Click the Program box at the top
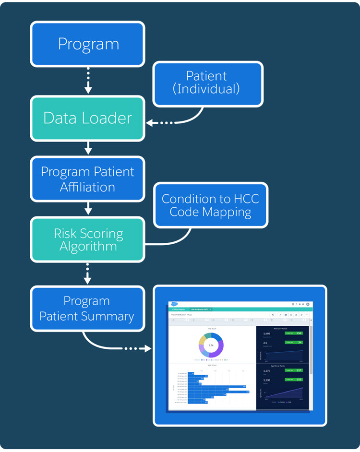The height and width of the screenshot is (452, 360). tap(88, 44)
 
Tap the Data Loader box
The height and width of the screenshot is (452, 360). tap(88, 118)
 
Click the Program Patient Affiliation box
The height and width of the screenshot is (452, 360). tap(88, 179)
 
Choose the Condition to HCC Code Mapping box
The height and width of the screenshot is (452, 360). tap(210, 205)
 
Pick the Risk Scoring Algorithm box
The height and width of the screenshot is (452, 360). tap(88, 240)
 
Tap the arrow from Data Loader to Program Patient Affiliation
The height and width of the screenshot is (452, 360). tap(88, 148)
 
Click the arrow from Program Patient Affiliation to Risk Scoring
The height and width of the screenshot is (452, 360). tap(88, 209)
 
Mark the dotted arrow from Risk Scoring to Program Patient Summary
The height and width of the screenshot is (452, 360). tap(88, 273)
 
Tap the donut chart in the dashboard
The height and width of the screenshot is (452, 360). tap(211, 345)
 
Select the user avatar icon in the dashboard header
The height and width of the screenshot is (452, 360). tap(308, 304)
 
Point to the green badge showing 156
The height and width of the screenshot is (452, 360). tap(293, 333)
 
